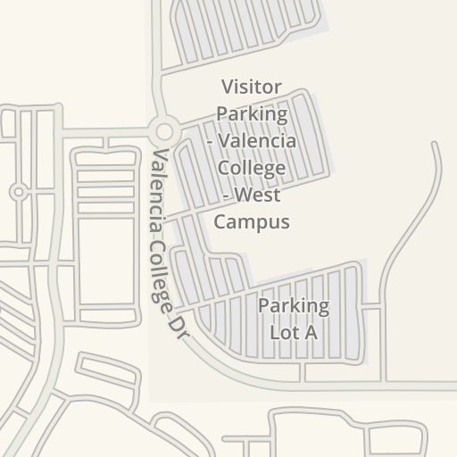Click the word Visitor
pyautogui.click(x=251, y=87)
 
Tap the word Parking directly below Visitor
pyautogui.click(x=252, y=114)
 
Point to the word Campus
pyautogui.click(x=251, y=221)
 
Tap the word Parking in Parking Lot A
pyautogui.click(x=294, y=306)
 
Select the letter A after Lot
pyautogui.click(x=312, y=332)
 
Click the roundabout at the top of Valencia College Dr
pyautogui.click(x=162, y=131)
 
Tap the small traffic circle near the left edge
pyautogui.click(x=18, y=192)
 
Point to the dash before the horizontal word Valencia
pyautogui.click(x=212, y=141)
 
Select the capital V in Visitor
pyautogui.click(x=227, y=87)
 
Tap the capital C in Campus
pyautogui.click(x=220, y=221)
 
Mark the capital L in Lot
pyautogui.click(x=275, y=332)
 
